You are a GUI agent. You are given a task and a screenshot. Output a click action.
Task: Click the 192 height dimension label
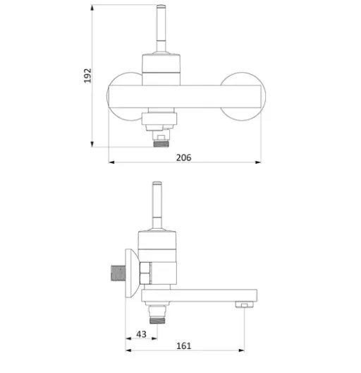click(x=87, y=76)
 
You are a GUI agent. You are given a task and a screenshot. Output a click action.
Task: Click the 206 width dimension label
click(x=183, y=158)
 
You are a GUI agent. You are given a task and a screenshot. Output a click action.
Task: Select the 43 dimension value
click(x=141, y=334)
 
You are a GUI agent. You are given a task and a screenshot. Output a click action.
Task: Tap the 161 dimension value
click(x=183, y=345)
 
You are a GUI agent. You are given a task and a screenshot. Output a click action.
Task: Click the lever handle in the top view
click(x=161, y=28)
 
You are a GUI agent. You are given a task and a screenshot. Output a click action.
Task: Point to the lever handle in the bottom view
click(x=157, y=206)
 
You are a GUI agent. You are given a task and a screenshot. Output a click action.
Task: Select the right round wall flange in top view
click(x=243, y=96)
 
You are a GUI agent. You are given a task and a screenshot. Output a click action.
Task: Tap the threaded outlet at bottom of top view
click(x=161, y=143)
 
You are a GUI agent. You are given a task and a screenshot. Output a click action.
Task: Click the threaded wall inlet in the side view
click(x=118, y=273)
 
